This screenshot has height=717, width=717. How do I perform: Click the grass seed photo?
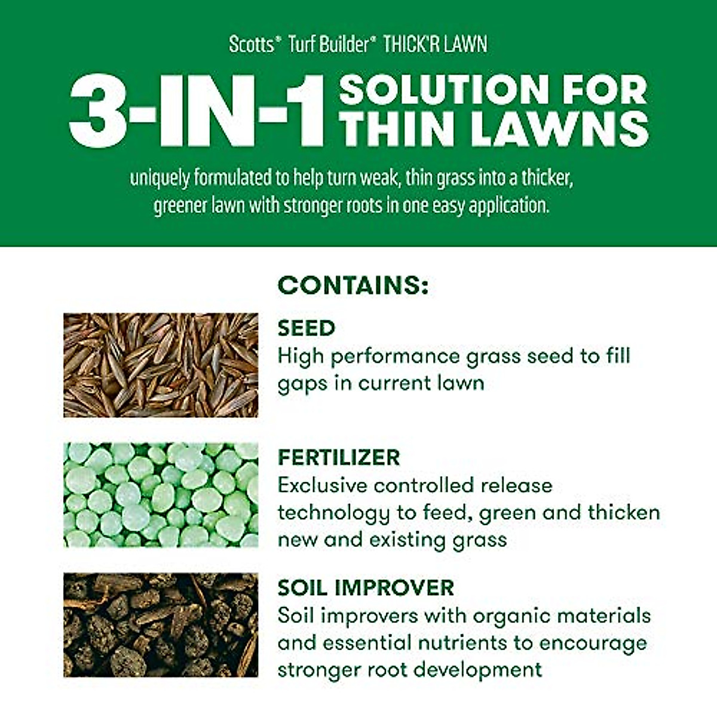coord(161,365)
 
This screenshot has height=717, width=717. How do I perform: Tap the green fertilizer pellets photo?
coord(161,495)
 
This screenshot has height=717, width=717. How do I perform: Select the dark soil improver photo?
coord(161,625)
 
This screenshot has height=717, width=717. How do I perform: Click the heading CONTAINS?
coord(353,286)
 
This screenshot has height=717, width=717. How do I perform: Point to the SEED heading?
coord(307,328)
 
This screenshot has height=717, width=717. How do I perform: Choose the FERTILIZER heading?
coord(339,458)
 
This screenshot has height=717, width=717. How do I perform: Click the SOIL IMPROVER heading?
coord(366,587)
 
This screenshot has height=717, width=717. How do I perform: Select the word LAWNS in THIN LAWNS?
coord(559,129)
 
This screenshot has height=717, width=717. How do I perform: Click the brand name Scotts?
coord(251,45)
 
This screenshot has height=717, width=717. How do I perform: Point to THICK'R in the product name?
coord(409,45)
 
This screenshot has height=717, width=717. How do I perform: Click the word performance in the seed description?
coord(394,356)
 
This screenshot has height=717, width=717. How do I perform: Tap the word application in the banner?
coord(508,206)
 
